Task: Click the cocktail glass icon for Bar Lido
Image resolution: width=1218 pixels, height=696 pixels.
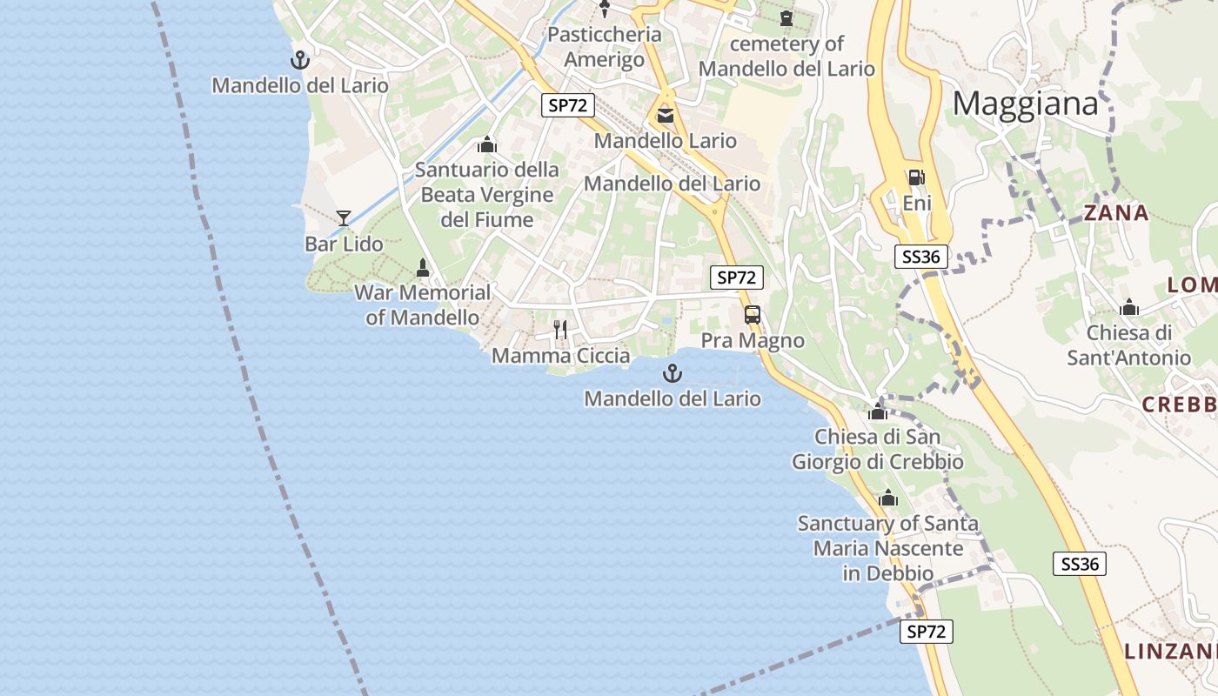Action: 344,217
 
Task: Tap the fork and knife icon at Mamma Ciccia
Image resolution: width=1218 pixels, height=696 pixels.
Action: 560,329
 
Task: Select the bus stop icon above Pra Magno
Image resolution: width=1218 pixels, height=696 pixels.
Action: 753,315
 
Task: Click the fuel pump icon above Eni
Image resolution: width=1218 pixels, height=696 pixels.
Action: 916,177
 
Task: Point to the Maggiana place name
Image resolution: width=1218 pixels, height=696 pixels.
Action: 1026,104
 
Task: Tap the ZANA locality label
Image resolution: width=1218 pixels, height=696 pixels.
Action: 1116,213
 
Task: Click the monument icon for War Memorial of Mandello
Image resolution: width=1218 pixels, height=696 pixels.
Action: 423,267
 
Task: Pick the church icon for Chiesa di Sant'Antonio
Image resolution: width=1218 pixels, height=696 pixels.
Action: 1129,307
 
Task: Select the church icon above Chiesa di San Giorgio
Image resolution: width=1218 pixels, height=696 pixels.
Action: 878,411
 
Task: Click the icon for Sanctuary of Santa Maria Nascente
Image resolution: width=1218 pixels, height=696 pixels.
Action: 888,499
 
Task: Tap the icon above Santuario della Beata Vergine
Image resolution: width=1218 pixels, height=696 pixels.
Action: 487,144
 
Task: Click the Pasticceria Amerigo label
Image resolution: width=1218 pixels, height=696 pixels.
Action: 605,47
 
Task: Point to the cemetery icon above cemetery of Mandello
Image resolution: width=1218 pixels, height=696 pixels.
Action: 786,17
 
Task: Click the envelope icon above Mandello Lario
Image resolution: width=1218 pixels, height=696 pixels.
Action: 666,115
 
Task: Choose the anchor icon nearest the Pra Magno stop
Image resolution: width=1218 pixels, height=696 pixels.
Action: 673,374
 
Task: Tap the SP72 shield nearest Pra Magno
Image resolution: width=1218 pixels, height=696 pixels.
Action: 737,278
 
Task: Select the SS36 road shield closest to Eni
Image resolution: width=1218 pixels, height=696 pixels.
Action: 920,257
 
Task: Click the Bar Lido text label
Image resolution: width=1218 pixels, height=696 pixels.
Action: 344,244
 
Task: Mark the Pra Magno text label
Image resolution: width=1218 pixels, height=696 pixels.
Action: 753,341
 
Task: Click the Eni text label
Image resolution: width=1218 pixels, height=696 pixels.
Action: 917,204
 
